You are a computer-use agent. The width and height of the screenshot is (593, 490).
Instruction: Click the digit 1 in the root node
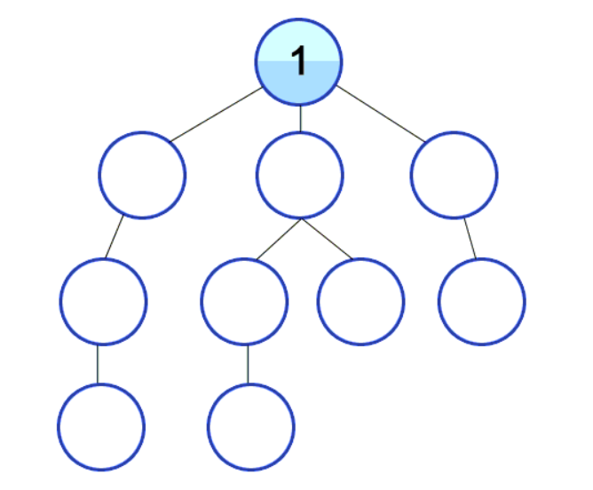[299, 62]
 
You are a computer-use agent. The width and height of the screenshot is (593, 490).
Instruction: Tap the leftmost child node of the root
[142, 175]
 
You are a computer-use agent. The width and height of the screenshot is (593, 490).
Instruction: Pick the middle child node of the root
[300, 175]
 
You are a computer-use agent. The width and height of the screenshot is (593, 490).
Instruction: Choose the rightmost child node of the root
[455, 175]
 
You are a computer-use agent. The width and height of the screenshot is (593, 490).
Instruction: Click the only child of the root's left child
[103, 301]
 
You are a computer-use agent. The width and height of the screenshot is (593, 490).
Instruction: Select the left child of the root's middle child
[245, 301]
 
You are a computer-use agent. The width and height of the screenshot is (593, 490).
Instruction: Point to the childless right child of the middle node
[360, 301]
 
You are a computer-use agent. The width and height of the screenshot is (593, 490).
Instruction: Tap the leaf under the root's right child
[482, 301]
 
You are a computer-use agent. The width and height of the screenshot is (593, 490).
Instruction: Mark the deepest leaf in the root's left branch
[101, 427]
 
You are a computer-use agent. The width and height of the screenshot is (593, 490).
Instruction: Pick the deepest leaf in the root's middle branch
[250, 427]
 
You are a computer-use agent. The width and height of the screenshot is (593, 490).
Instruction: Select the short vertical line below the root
[300, 118]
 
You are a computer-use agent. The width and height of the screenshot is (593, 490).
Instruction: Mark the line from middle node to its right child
[328, 239]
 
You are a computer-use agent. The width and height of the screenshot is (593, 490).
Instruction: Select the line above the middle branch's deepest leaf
[248, 364]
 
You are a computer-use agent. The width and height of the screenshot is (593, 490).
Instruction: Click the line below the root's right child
[469, 237]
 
